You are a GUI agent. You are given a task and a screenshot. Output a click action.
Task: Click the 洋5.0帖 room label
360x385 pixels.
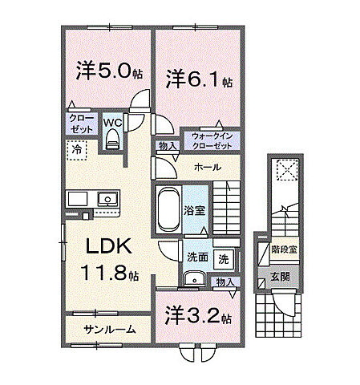point(110,71)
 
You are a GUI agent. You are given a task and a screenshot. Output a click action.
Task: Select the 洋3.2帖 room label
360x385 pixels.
point(199,315)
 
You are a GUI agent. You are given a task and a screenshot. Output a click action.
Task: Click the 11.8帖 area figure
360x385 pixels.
point(110,274)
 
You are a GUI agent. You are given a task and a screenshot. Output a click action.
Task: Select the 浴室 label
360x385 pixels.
point(195,211)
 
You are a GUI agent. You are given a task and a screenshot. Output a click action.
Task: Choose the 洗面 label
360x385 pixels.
point(197,258)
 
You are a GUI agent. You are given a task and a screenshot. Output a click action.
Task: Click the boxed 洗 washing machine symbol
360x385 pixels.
point(224,258)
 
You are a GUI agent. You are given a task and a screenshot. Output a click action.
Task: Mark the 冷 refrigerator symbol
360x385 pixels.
point(77,150)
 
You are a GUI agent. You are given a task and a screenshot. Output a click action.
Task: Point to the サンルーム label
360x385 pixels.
point(109,329)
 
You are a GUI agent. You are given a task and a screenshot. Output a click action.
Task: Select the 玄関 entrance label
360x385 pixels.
point(281,277)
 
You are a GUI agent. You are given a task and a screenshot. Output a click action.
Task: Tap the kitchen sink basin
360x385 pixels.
point(106,199)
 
